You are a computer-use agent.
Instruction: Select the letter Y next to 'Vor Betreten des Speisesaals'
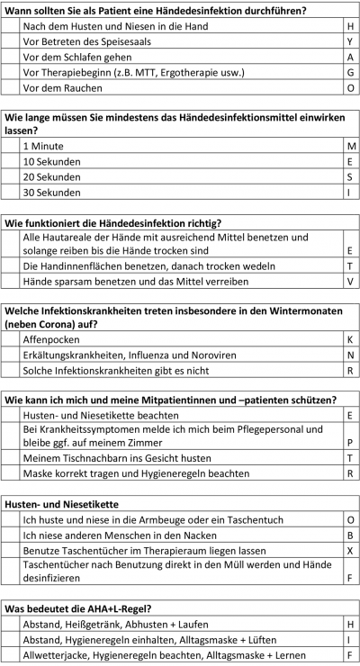(349, 42)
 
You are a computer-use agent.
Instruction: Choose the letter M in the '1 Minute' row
(349, 146)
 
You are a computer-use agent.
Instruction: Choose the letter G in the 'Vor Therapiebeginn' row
(349, 73)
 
